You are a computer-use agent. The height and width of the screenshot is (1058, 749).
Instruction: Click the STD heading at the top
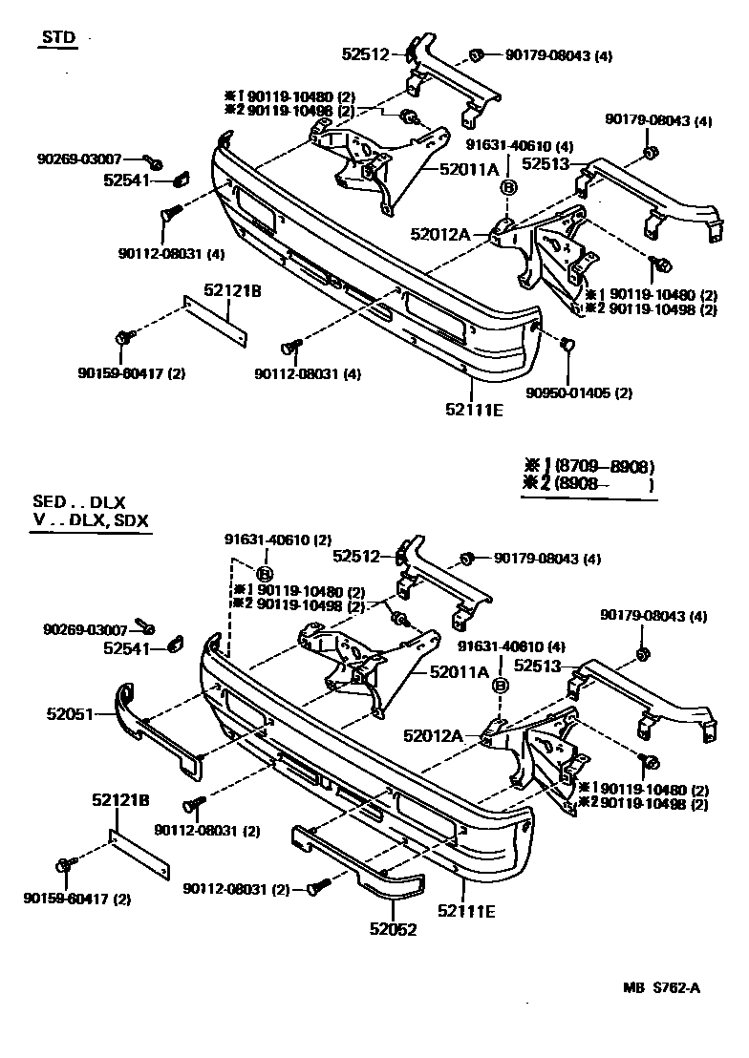pyautogui.click(x=55, y=37)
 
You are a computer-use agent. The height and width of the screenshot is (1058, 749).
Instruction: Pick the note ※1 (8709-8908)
pyautogui.click(x=588, y=467)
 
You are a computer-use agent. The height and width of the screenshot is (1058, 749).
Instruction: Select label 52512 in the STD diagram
pyautogui.click(x=367, y=54)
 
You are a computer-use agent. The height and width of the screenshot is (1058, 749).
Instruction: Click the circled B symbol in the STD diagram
pyautogui.click(x=508, y=189)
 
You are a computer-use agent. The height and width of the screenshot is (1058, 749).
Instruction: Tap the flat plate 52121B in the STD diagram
pyautogui.click(x=216, y=322)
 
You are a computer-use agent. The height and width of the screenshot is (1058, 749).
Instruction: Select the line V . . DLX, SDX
pyautogui.click(x=93, y=520)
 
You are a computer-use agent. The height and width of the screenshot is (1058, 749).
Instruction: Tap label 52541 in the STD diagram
pyautogui.click(x=129, y=179)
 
